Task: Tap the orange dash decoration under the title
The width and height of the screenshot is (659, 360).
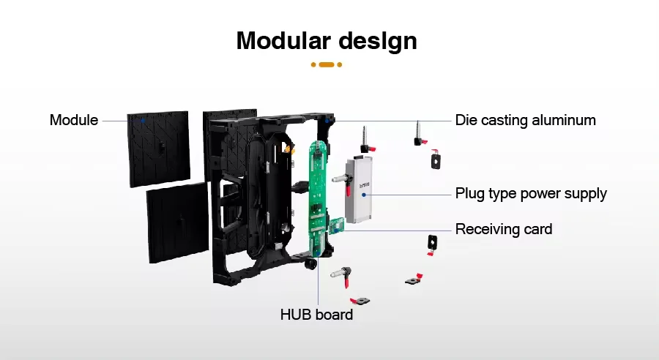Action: click(x=327, y=64)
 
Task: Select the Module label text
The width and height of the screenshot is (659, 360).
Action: click(x=74, y=120)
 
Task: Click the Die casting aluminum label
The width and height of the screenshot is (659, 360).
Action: click(x=525, y=120)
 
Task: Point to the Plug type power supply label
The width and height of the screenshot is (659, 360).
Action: click(x=531, y=194)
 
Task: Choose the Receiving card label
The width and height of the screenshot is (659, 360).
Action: click(x=504, y=229)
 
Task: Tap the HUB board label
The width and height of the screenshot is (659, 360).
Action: click(x=316, y=315)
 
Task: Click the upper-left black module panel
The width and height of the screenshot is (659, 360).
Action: click(x=158, y=148)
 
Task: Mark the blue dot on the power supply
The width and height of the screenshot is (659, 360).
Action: click(x=364, y=194)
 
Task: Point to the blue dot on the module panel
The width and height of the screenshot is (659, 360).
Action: click(x=143, y=119)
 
